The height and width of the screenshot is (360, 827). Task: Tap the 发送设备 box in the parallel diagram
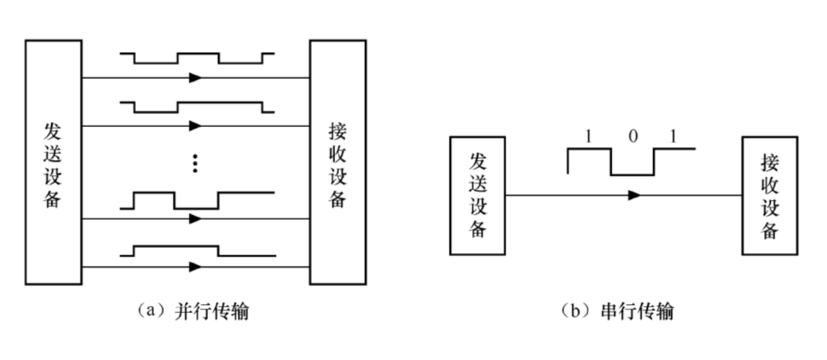click(x=53, y=162)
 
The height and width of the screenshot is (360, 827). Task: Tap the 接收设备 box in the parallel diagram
click(x=338, y=162)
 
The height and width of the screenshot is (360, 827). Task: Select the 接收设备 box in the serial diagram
click(x=769, y=196)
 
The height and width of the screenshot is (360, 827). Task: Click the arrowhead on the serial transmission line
click(x=633, y=196)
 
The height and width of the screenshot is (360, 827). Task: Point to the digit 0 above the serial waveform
click(x=632, y=137)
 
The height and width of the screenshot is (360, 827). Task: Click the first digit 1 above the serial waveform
click(x=588, y=137)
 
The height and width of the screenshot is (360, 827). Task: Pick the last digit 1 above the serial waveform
click(x=672, y=137)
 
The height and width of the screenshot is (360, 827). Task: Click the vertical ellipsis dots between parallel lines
click(x=195, y=162)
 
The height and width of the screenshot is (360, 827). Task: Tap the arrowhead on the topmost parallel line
click(x=195, y=78)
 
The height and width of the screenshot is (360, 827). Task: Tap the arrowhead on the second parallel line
click(x=195, y=126)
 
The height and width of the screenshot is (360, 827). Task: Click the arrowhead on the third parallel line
click(x=195, y=218)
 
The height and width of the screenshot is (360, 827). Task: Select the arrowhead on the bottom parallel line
click(x=195, y=266)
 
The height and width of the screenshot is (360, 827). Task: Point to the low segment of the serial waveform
click(x=632, y=174)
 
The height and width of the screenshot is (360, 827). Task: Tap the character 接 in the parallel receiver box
click(x=338, y=130)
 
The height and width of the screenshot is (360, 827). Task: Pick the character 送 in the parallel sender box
click(x=53, y=151)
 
